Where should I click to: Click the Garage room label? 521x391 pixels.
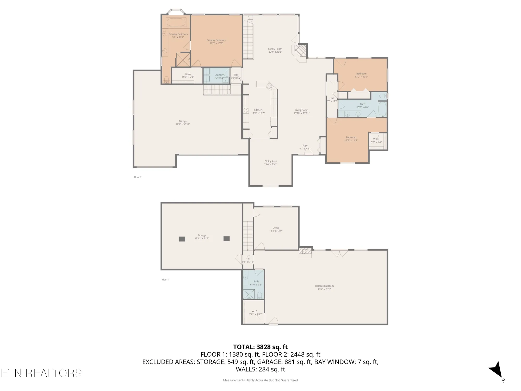coord(183,121)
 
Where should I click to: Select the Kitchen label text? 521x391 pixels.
coord(258,110)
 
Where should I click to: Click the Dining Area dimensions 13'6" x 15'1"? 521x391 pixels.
coord(271,164)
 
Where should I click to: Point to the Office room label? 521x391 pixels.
coord(276,228)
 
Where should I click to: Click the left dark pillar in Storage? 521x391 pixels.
coord(182,239)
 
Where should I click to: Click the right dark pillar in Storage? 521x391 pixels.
coord(227,239)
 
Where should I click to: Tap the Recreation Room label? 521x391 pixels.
coord(324,286)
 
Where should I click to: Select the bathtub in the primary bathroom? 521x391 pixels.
coord(176,22)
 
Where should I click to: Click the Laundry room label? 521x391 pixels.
coord(219,75)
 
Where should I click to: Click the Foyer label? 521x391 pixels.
coord(305,146)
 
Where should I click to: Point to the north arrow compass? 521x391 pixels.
coord(496,370)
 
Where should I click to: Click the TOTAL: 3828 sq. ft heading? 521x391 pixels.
coord(260,347)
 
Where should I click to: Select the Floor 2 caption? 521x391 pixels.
coord(138,177)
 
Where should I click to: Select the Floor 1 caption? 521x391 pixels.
coord(165,280)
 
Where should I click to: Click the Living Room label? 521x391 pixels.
coord(301,110)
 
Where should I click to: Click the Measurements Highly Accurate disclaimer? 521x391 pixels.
coord(260,380)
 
